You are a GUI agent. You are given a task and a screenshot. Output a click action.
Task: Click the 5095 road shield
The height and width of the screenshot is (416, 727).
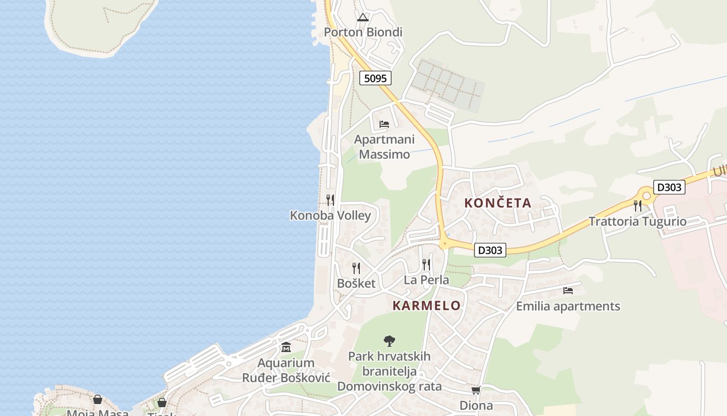tap(375, 79)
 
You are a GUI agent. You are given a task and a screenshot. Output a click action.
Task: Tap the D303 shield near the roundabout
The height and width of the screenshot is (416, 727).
tap(669, 187)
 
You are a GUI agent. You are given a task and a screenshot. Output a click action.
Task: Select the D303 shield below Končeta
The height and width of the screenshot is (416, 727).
tap(490, 250)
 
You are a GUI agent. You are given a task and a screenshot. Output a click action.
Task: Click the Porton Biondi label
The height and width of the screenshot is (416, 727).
tap(363, 32)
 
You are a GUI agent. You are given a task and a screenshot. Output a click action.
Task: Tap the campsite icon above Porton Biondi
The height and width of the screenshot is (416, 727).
tap(362, 17)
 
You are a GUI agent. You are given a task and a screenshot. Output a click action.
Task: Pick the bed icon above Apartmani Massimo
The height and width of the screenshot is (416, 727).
tap(384, 124)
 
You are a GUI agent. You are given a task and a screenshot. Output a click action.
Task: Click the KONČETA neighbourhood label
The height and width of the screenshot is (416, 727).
tap(498, 203)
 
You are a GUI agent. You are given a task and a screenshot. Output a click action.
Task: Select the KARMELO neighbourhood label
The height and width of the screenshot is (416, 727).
tap(426, 306)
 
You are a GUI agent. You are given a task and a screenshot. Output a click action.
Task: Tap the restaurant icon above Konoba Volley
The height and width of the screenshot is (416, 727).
tap(330, 200)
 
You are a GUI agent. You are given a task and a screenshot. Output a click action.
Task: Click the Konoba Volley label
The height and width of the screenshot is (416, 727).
tap(330, 215)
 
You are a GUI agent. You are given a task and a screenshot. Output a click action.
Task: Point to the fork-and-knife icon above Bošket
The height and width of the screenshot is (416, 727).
tap(356, 268)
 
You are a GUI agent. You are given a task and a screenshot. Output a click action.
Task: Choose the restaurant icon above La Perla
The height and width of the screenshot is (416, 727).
tap(426, 265)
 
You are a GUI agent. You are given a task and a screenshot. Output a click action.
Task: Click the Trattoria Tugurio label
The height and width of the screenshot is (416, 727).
tap(637, 222)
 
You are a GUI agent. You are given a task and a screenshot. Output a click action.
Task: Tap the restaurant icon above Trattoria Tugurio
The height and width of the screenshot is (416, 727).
tap(637, 206)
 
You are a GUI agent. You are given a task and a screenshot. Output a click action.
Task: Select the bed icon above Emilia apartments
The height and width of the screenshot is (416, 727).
tap(568, 291)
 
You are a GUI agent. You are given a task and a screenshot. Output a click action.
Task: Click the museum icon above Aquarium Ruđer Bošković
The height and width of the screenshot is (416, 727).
tap(286, 347)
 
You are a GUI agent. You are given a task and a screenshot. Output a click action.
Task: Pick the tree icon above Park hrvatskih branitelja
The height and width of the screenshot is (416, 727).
tap(389, 341)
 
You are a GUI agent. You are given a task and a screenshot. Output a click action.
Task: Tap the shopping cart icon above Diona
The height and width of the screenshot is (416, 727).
tap(476, 390)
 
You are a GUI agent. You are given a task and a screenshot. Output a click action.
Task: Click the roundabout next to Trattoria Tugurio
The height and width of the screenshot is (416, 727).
tap(646, 196)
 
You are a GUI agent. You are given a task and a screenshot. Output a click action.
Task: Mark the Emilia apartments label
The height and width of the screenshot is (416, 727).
tap(568, 306)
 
